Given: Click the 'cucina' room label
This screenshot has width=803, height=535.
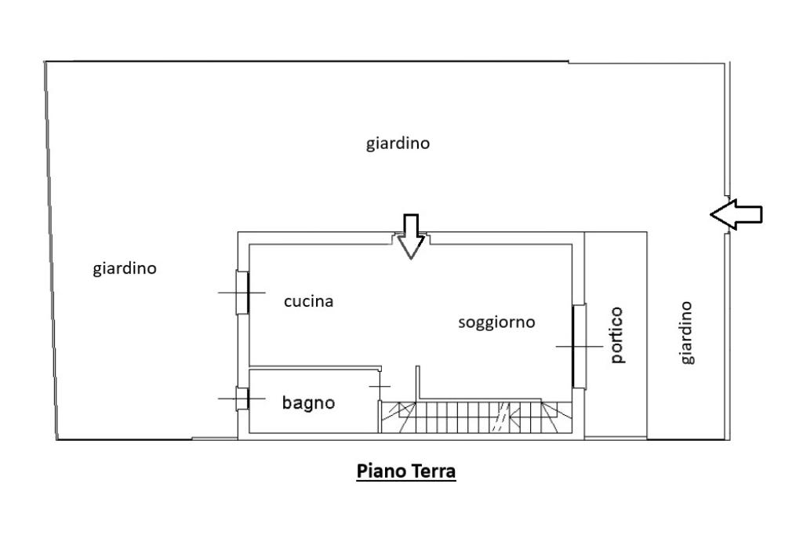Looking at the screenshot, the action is click(308, 301).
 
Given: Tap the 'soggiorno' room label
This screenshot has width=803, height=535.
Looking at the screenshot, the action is click(496, 322).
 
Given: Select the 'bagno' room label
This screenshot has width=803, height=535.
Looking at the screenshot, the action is click(308, 402).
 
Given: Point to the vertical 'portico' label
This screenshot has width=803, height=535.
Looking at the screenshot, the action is click(618, 335).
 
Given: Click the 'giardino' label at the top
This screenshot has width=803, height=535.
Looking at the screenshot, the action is click(398, 143).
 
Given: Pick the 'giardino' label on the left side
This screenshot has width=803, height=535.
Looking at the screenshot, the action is click(125, 268).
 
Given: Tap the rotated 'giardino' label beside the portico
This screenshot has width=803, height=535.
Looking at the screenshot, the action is click(686, 333).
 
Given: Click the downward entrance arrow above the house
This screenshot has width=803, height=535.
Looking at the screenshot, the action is click(411, 236).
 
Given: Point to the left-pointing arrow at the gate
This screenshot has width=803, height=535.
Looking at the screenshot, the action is click(736, 214).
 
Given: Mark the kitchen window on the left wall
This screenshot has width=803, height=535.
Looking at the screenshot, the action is click(242, 293).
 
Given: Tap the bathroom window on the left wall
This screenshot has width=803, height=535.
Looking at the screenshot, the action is click(242, 399).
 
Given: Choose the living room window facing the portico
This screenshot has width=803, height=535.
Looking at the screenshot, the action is click(580, 347).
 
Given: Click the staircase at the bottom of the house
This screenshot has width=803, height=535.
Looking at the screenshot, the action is click(476, 417).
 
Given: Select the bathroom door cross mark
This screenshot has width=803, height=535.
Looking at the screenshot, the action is click(380, 386).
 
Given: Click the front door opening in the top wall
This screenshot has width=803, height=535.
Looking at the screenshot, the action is click(411, 238).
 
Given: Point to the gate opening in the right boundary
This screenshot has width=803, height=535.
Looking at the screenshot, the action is click(727, 214).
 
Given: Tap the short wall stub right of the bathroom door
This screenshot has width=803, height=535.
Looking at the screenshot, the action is click(418, 382).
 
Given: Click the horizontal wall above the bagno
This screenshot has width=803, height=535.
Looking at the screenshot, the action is click(315, 368).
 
